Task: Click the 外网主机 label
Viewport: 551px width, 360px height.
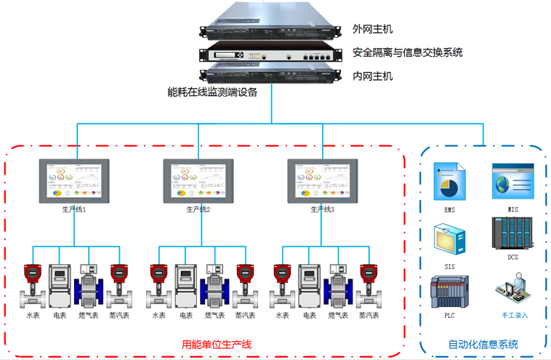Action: [372, 29]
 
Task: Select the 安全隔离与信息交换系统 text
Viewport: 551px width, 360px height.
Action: [407, 52]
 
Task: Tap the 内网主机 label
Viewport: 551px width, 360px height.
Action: [372, 76]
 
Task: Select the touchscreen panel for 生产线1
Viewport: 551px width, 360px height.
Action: [74, 181]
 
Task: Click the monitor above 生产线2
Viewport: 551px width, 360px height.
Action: [198, 181]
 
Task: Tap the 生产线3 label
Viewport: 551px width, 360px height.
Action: [323, 209]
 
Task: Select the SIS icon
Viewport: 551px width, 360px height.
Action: [449, 240]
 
